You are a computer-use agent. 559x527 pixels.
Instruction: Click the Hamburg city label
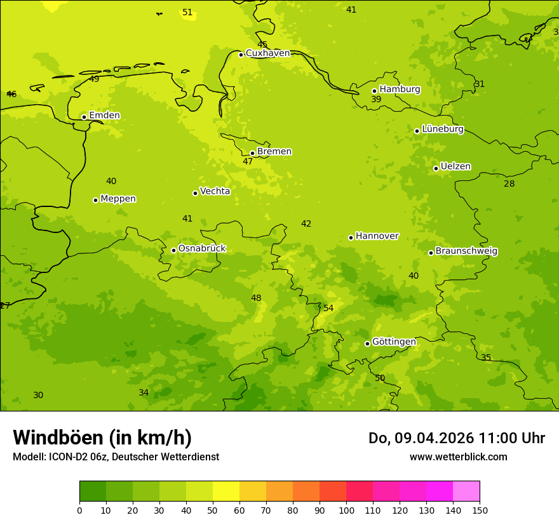point(400,90)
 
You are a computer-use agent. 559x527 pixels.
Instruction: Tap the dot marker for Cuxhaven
point(241,55)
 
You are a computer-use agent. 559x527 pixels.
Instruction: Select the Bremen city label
point(274,152)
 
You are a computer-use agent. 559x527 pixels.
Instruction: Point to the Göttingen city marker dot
point(367,344)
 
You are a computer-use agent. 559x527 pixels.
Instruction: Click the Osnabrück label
point(201,249)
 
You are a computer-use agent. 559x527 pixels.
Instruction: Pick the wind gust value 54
point(328,308)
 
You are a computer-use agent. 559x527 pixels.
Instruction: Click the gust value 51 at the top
point(187,13)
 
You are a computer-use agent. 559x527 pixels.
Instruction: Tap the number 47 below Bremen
point(248,162)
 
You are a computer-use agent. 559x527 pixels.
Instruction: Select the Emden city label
point(104,116)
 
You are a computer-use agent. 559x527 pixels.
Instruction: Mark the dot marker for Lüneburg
point(417,131)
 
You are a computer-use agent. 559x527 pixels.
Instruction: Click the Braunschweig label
point(466,251)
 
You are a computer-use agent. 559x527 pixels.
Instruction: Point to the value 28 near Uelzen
point(509,184)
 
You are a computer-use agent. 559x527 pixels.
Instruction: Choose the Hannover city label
point(377,236)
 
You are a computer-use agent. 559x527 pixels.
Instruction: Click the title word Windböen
point(58,438)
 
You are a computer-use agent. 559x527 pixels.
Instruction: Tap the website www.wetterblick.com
point(458,457)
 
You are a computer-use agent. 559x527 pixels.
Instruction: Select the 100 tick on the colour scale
point(346,510)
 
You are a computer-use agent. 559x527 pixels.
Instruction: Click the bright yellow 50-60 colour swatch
point(226,491)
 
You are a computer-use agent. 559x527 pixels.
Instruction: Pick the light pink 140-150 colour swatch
point(466,491)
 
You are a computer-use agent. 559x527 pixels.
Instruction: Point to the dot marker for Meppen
point(95,200)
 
